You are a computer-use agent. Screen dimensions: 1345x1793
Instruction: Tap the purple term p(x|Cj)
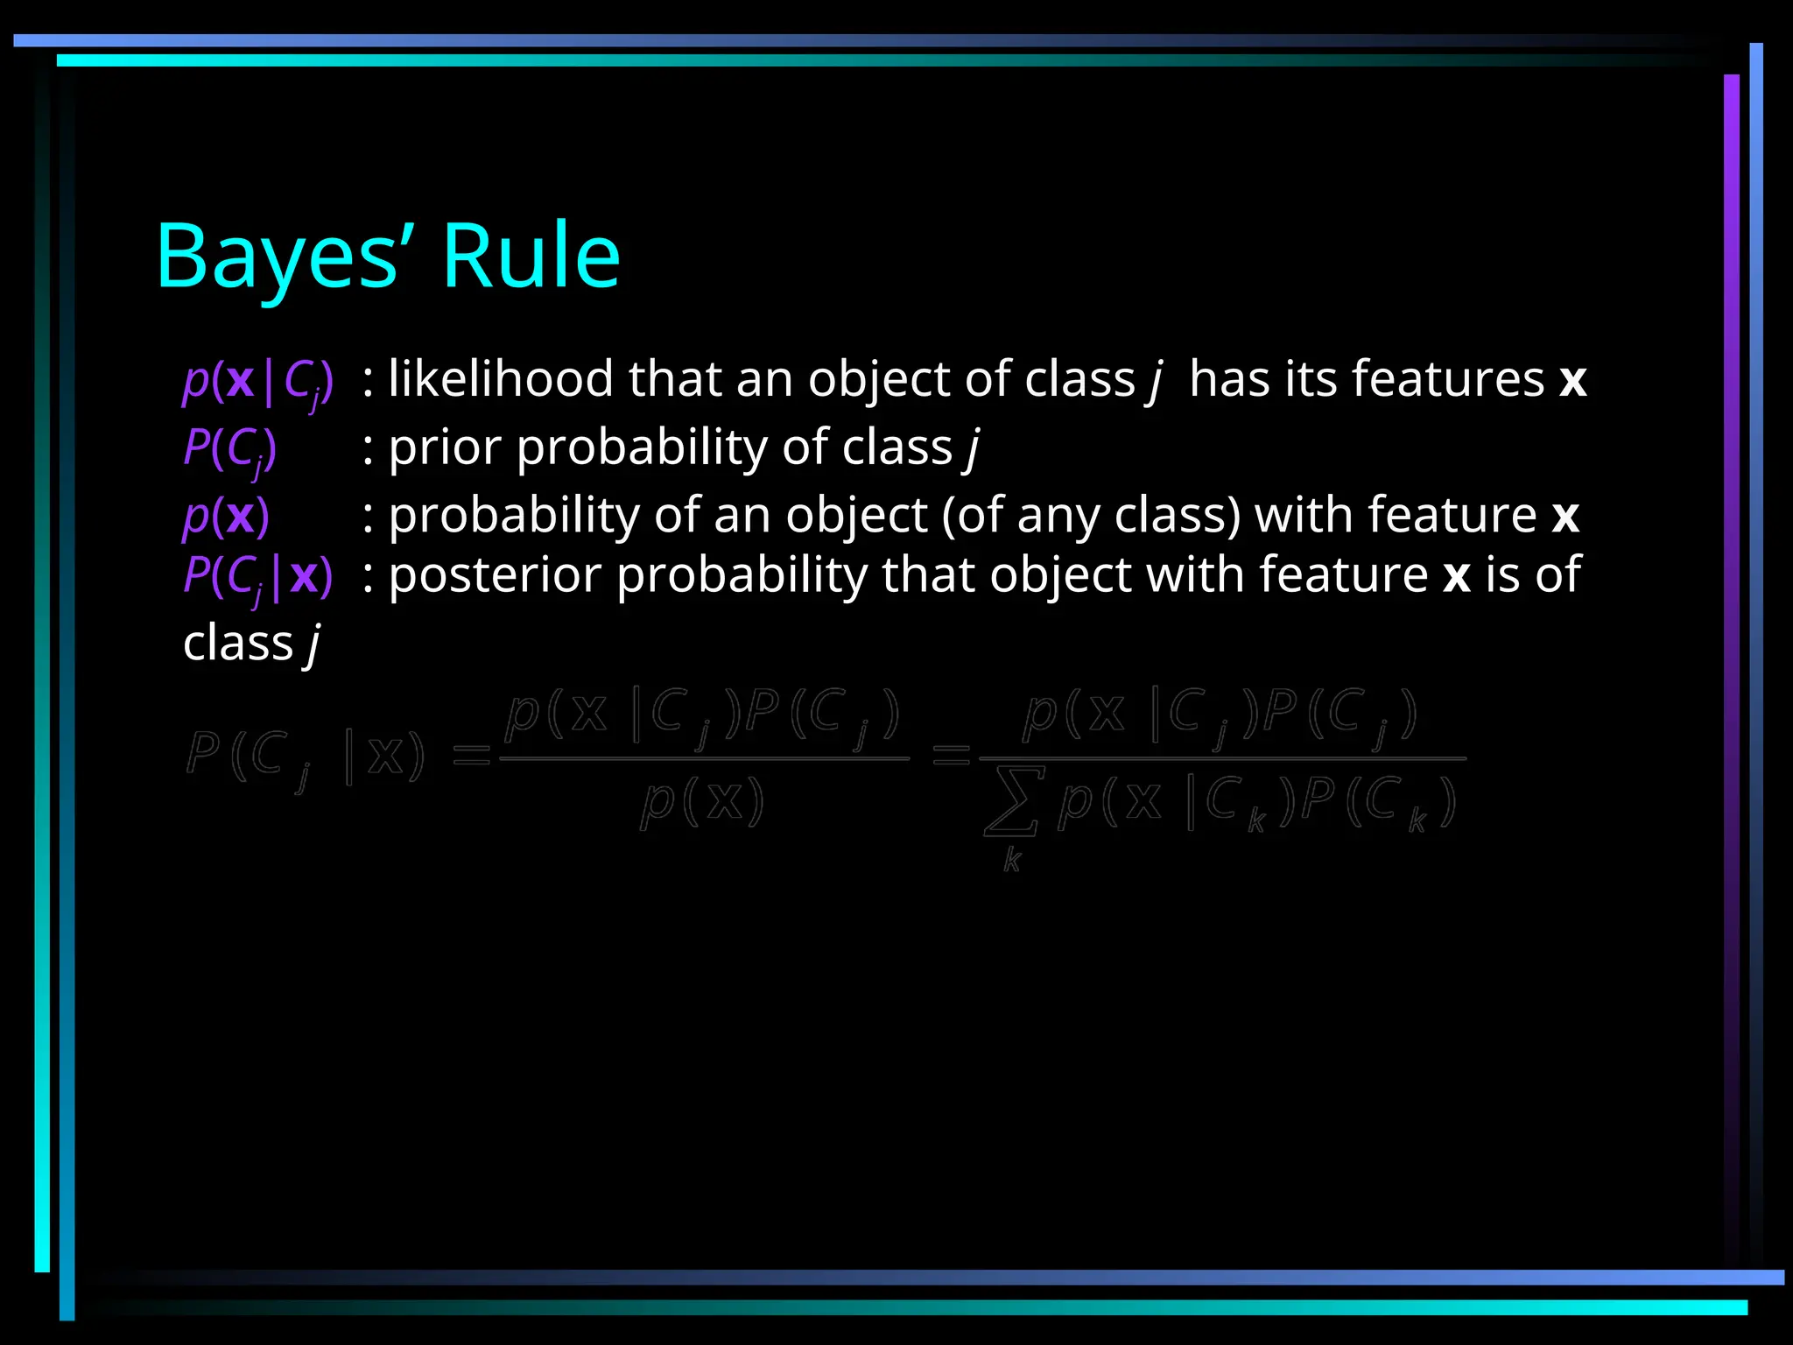tap(257, 381)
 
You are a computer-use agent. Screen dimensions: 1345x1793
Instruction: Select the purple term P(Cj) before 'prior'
tap(229, 449)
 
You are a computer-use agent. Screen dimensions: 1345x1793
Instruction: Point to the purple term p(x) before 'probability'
tap(226, 516)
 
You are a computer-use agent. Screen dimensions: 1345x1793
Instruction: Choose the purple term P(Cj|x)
tap(257, 577)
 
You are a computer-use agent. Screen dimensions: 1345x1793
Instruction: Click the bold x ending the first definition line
tap(1572, 381)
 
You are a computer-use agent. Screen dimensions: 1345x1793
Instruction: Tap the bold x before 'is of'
tap(1456, 577)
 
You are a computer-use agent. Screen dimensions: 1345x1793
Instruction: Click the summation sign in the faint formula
tap(1012, 800)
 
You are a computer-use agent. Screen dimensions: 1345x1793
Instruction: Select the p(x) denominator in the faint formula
tap(702, 801)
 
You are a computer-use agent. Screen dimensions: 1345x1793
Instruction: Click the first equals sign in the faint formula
tap(472, 755)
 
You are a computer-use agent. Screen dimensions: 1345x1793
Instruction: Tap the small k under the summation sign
tap(1012, 860)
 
